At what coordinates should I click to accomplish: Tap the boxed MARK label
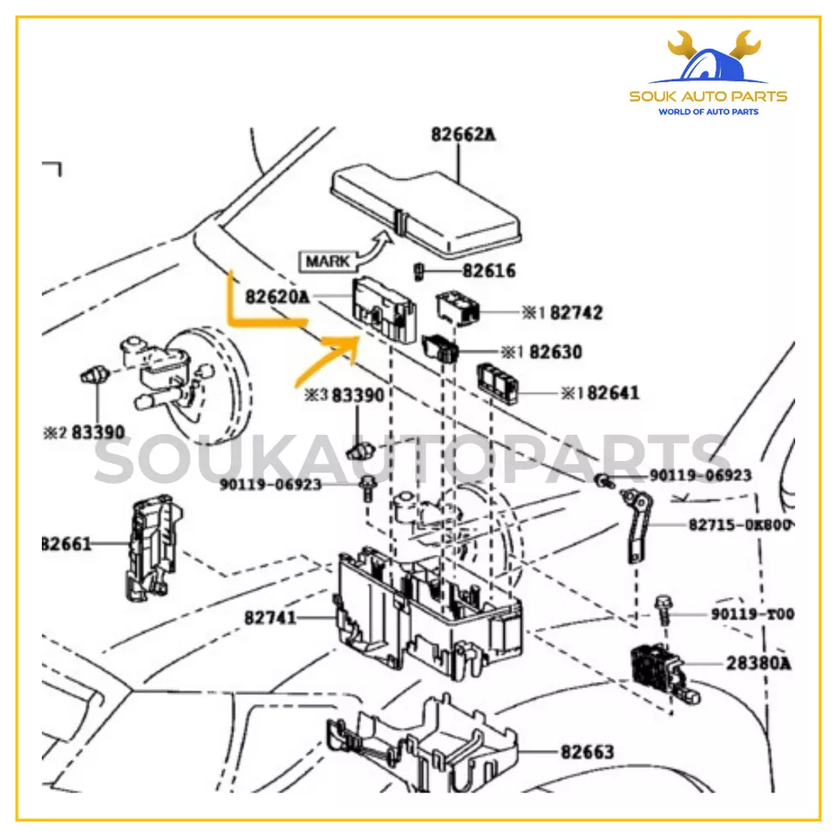[x=327, y=260]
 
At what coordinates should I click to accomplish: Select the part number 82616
[x=488, y=271]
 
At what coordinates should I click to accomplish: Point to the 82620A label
[x=277, y=297]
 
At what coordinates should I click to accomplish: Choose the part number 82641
[x=613, y=393]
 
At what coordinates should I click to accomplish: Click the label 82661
[x=67, y=544]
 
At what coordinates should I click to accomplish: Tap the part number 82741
[x=270, y=617]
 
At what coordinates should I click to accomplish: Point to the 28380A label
[x=759, y=663]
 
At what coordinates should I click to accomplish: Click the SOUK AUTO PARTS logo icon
[x=708, y=60]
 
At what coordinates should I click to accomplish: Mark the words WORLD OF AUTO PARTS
[x=708, y=112]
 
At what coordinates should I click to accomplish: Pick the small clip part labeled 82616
[x=418, y=270]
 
